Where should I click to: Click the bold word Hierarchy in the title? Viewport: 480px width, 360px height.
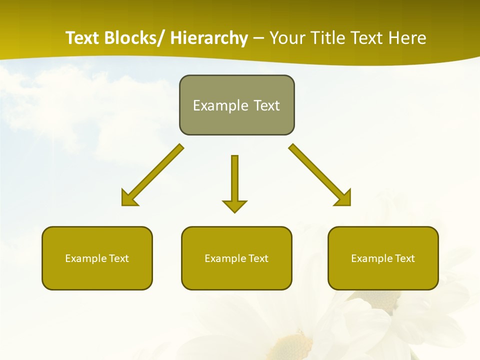(209, 38)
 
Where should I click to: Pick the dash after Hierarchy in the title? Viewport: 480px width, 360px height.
(258, 39)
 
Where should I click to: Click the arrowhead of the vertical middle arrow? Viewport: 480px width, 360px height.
(234, 205)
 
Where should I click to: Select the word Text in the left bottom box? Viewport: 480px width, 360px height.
(118, 258)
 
